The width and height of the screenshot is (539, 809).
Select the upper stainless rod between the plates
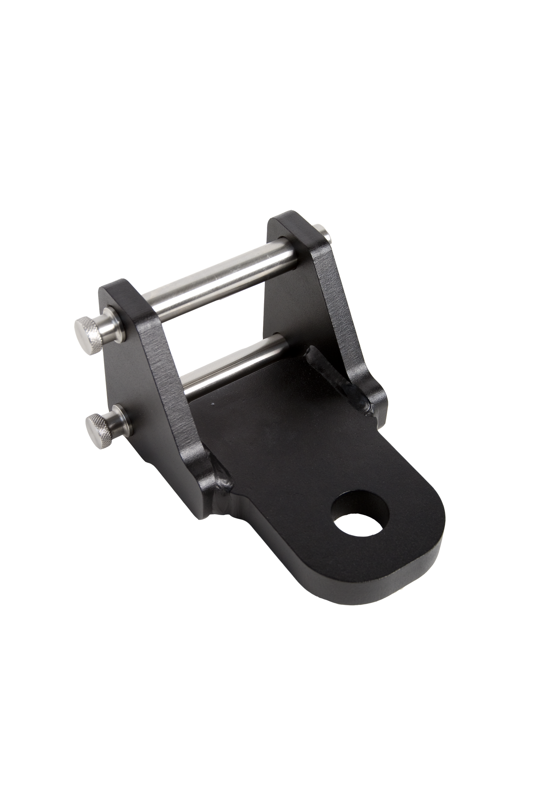click(x=209, y=284)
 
